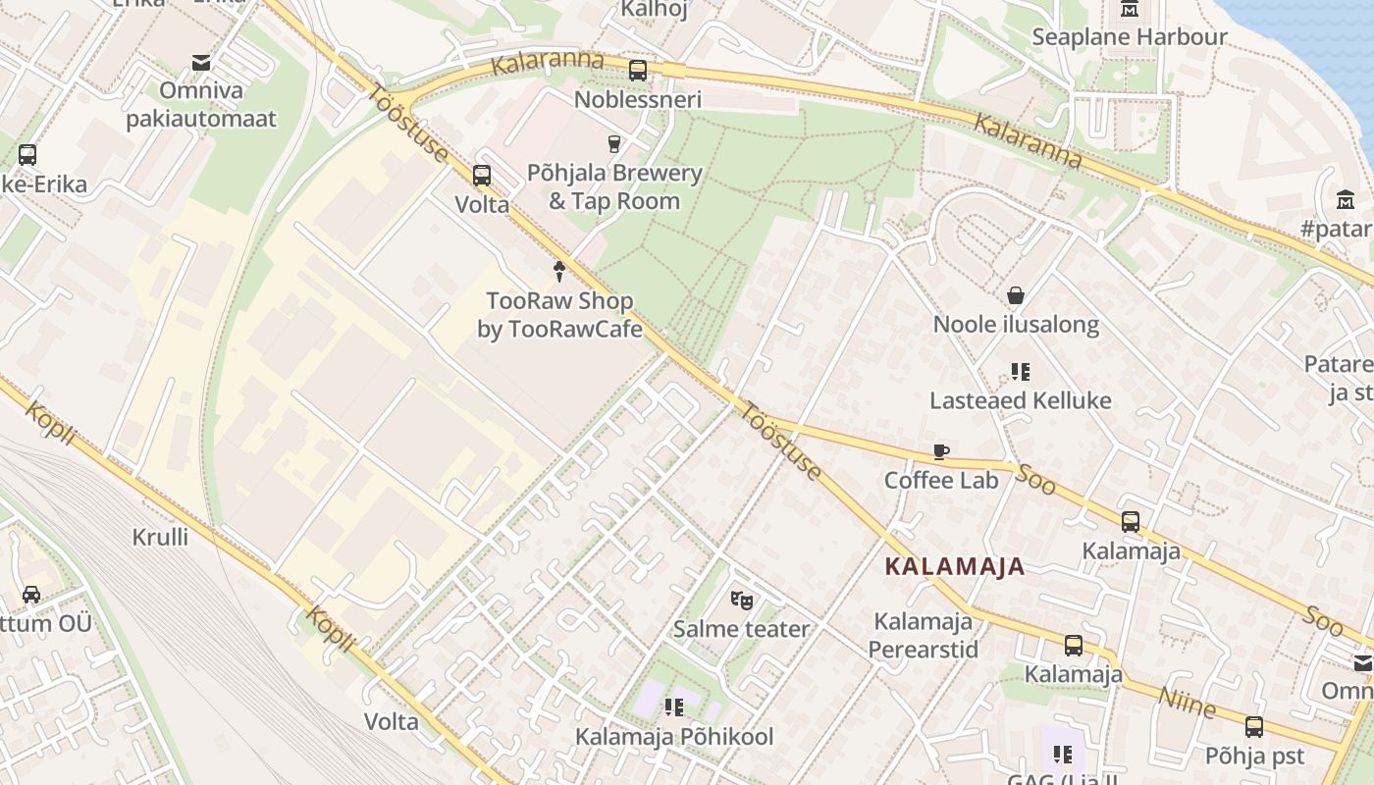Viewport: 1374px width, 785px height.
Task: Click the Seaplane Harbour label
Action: click(x=1129, y=37)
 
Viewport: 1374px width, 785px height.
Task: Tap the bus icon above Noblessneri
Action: click(x=638, y=70)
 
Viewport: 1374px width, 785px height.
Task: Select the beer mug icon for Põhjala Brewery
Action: click(x=614, y=144)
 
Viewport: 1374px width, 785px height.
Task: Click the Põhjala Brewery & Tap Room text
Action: click(x=614, y=187)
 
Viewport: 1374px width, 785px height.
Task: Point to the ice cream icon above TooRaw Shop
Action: click(x=559, y=271)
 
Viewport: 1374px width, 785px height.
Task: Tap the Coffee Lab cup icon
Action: click(x=941, y=452)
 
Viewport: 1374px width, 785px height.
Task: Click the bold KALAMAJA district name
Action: click(x=954, y=566)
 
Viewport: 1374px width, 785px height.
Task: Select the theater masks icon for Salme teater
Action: click(x=741, y=599)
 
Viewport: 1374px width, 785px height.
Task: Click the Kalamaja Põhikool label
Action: click(x=674, y=736)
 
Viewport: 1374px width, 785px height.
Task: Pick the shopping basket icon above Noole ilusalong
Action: click(x=1016, y=295)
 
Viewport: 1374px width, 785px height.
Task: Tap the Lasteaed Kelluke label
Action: click(x=1021, y=400)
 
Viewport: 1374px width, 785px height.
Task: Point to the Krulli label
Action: click(x=160, y=537)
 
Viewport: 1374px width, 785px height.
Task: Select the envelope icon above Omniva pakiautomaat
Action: click(x=201, y=63)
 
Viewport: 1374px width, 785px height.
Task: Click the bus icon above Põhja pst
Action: click(x=1254, y=727)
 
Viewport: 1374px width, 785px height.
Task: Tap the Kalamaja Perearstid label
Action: click(x=924, y=635)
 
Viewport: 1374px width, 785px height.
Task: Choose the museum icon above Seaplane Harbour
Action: click(x=1130, y=9)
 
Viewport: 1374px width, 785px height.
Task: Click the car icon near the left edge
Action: click(x=31, y=594)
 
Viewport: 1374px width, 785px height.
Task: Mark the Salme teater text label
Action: click(x=741, y=629)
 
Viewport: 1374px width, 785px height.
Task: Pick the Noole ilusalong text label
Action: click(x=1016, y=325)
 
